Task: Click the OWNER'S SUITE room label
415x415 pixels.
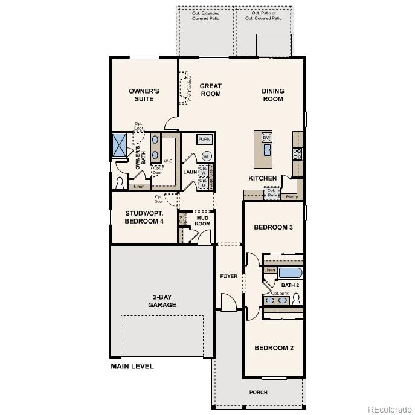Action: click(x=144, y=95)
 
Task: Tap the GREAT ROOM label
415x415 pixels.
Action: click(x=211, y=90)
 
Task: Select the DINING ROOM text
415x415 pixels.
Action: click(x=272, y=95)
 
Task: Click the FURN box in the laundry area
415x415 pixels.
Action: click(x=205, y=140)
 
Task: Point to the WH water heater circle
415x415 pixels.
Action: click(x=207, y=156)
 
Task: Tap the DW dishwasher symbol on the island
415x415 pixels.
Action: click(x=266, y=138)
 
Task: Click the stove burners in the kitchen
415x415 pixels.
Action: click(x=297, y=153)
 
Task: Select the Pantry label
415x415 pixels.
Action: click(x=292, y=196)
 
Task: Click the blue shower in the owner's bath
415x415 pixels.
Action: click(x=119, y=145)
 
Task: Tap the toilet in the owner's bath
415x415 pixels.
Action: click(x=120, y=182)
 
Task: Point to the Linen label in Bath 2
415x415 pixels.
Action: click(x=269, y=270)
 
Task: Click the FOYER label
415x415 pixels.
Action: click(x=228, y=276)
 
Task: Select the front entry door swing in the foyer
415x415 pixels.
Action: click(x=227, y=301)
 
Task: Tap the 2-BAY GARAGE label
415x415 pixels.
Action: click(x=162, y=301)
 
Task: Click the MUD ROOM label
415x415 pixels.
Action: click(x=202, y=220)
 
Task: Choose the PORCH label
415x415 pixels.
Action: click(x=258, y=392)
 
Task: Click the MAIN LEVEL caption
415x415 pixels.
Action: click(x=132, y=366)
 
